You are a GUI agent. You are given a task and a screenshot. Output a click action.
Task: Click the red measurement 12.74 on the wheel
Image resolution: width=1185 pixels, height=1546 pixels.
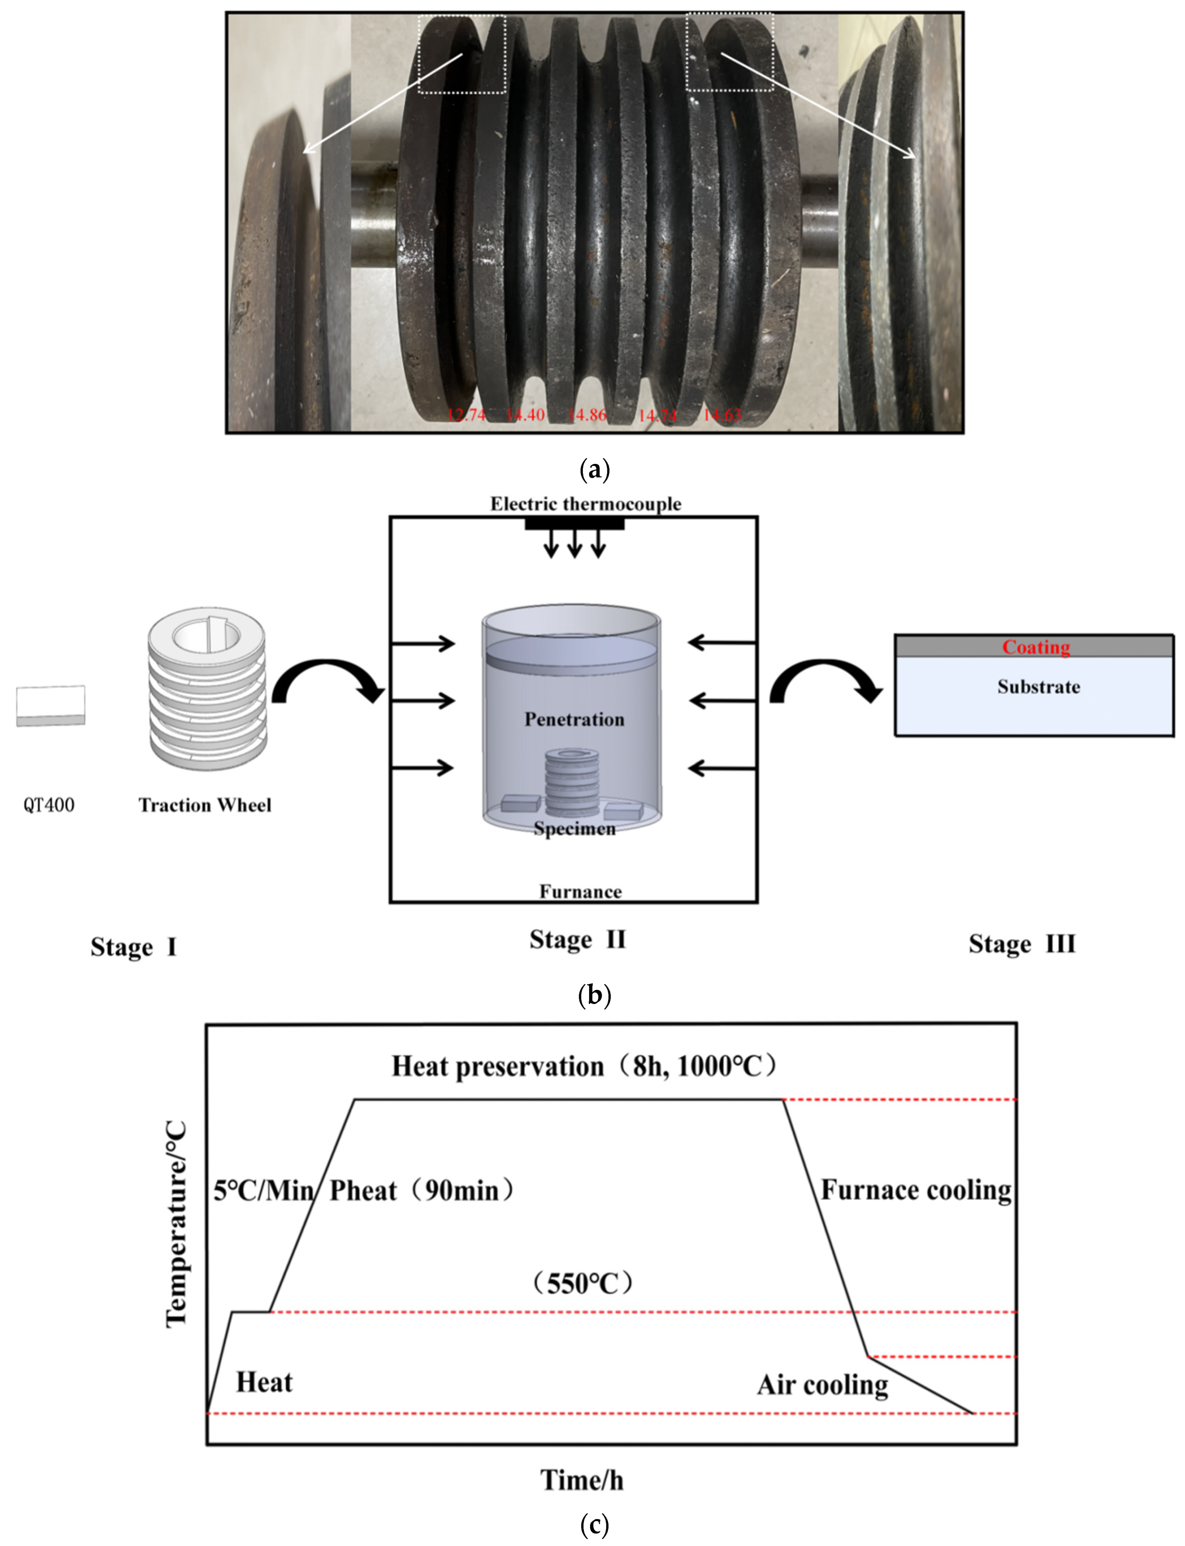point(466,415)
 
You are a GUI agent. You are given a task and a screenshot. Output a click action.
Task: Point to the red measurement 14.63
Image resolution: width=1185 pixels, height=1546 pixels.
point(722,415)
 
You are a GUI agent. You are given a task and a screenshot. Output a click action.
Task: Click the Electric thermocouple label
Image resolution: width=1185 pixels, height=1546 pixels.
point(585,504)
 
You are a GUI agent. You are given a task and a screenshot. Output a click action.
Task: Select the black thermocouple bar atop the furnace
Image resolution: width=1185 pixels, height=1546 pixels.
point(574,523)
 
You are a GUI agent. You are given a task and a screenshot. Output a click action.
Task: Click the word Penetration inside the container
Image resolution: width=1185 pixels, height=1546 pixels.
point(574,719)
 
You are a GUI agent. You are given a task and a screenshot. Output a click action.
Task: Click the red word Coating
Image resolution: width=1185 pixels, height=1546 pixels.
point(1035,647)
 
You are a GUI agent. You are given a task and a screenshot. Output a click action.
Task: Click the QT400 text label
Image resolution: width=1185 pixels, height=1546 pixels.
point(49,805)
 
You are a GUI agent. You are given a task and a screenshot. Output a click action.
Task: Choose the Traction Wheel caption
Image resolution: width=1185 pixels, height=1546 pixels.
point(205,805)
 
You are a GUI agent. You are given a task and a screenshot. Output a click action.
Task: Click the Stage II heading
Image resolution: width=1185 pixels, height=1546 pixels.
point(578,939)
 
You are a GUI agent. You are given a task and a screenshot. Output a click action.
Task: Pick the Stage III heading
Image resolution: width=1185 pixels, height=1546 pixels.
point(1021,944)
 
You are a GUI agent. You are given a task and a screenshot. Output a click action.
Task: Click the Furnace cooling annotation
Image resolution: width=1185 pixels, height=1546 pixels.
point(916,1190)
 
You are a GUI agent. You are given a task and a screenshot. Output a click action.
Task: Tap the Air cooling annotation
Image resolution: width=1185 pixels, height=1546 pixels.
point(823,1385)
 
